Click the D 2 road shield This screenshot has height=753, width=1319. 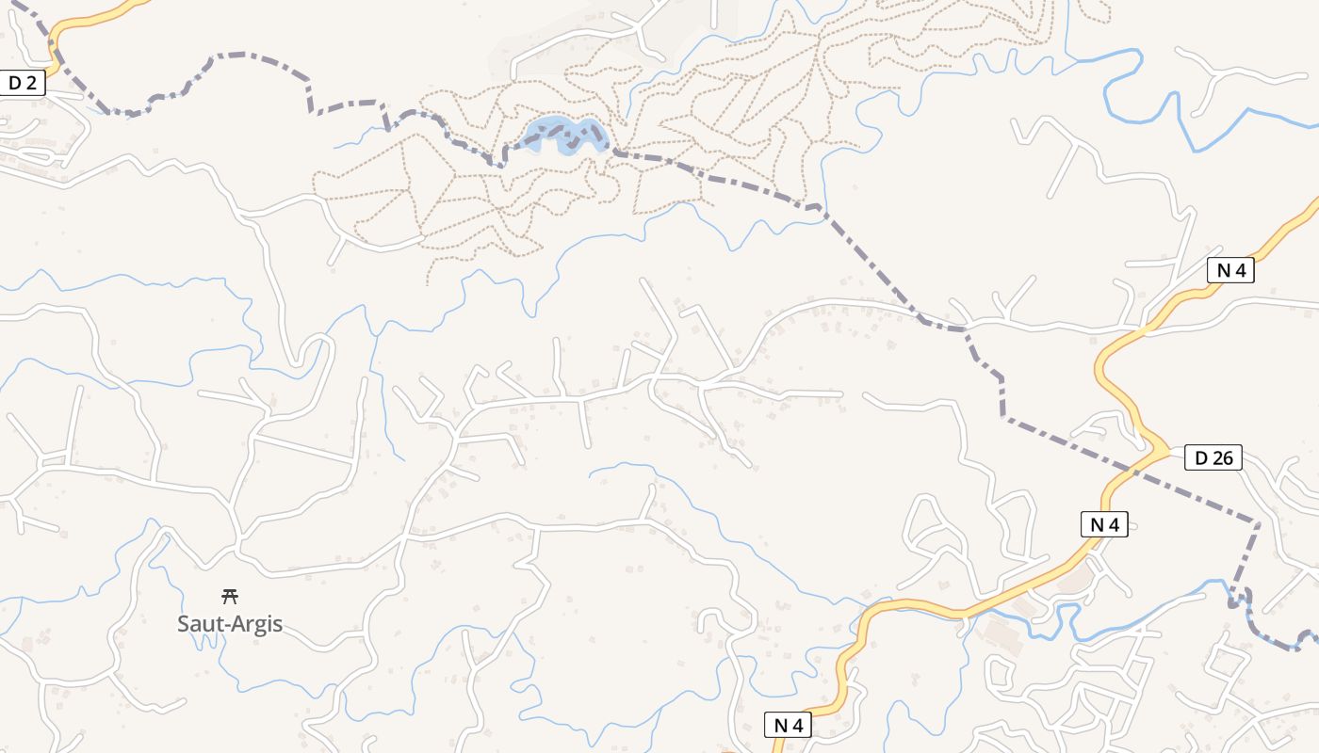point(22,83)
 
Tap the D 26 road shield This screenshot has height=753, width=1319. point(1213,458)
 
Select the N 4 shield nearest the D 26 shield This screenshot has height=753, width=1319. point(1103,525)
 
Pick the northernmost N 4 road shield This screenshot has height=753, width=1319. point(1230,271)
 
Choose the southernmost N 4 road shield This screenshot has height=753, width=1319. point(787,725)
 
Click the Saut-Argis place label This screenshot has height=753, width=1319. point(230,624)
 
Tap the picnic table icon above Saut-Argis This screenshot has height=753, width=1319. point(229,596)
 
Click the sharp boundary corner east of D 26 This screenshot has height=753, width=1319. point(1258,522)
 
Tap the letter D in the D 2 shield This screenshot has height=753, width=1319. point(13,83)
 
